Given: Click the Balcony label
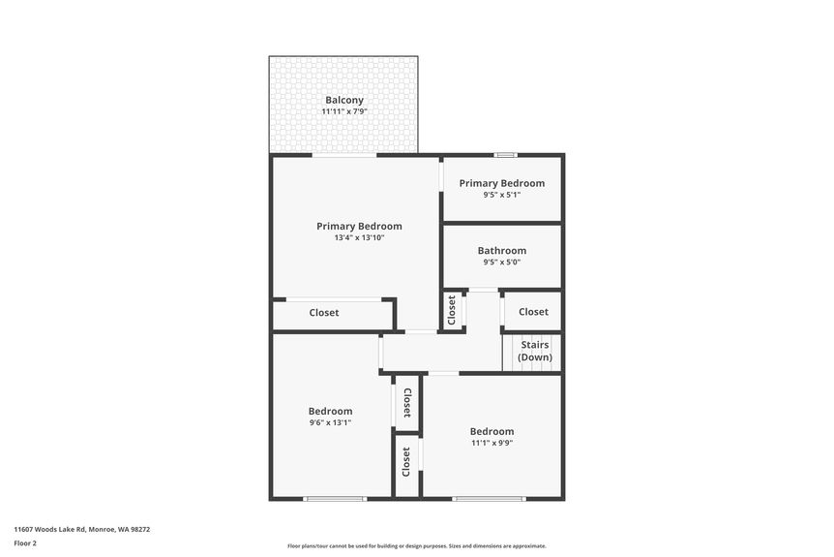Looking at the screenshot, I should tap(344, 100).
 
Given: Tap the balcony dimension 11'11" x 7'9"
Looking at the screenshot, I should tap(344, 112).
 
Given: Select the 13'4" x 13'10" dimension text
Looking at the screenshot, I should tap(359, 237).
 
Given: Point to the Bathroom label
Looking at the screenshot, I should tap(502, 251).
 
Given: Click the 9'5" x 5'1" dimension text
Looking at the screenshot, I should tap(502, 195).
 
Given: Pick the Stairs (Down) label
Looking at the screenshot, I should tap(535, 351).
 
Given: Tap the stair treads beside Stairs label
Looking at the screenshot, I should tap(511, 353).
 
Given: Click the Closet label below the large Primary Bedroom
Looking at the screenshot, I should tap(324, 313).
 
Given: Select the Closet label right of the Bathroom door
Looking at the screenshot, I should tap(533, 312).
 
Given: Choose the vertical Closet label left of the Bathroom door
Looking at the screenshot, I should tap(452, 312).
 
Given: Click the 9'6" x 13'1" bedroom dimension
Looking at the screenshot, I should tap(330, 422).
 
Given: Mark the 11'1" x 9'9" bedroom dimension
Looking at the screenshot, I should tap(491, 443).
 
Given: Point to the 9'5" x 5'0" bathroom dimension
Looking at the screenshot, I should tap(502, 263).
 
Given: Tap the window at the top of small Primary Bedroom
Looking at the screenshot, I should tap(505, 155).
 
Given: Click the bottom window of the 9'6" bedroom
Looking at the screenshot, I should tap(335, 499).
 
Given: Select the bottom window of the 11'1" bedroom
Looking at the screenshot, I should tap(490, 499).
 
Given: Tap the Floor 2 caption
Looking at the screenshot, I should tap(25, 543).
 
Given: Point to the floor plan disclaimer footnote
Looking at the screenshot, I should tap(416, 546).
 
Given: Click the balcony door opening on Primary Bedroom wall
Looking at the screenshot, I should tap(344, 155).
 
